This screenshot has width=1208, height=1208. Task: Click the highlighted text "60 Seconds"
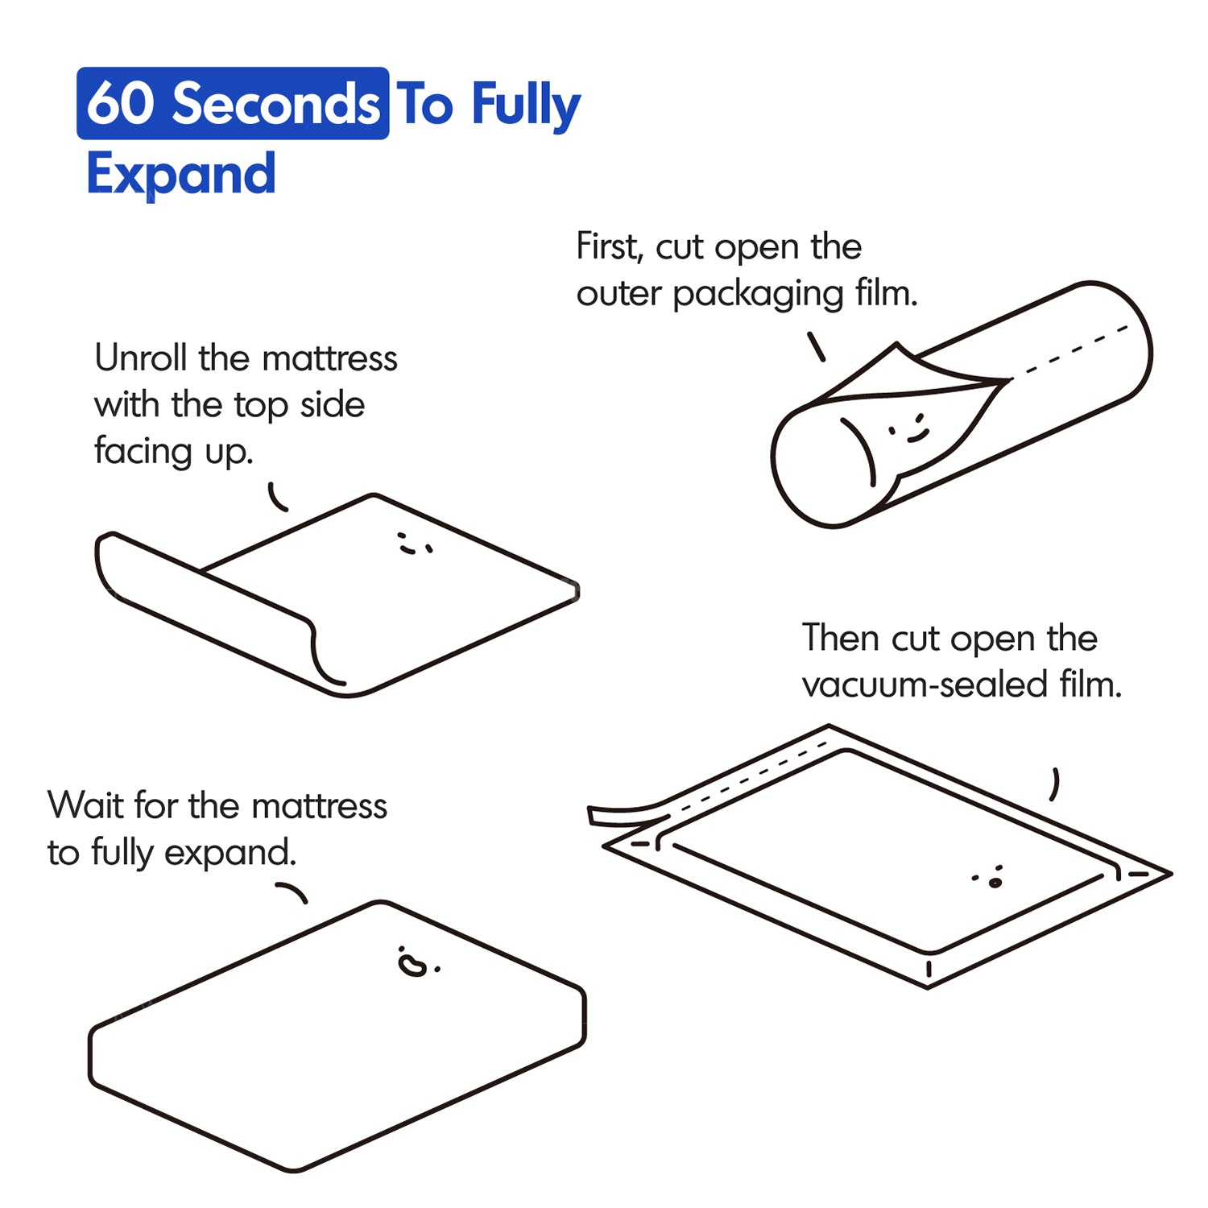[x=233, y=104]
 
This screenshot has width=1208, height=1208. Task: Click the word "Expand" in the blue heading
[x=181, y=174]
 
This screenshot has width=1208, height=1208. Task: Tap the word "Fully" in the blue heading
[x=526, y=105]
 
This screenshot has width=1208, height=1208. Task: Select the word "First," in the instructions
[x=610, y=246]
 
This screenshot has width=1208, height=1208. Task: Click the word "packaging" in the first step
[x=757, y=295]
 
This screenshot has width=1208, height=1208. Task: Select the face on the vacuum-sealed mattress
[x=989, y=877]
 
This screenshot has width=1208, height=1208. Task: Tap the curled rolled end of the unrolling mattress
[x=217, y=604]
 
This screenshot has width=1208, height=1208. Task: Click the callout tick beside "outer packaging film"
[x=816, y=346]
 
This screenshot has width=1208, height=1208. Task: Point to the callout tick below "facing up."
[x=277, y=498]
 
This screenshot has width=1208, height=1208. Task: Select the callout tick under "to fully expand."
[x=292, y=892]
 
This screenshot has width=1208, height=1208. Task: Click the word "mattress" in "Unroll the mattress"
[x=329, y=358]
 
